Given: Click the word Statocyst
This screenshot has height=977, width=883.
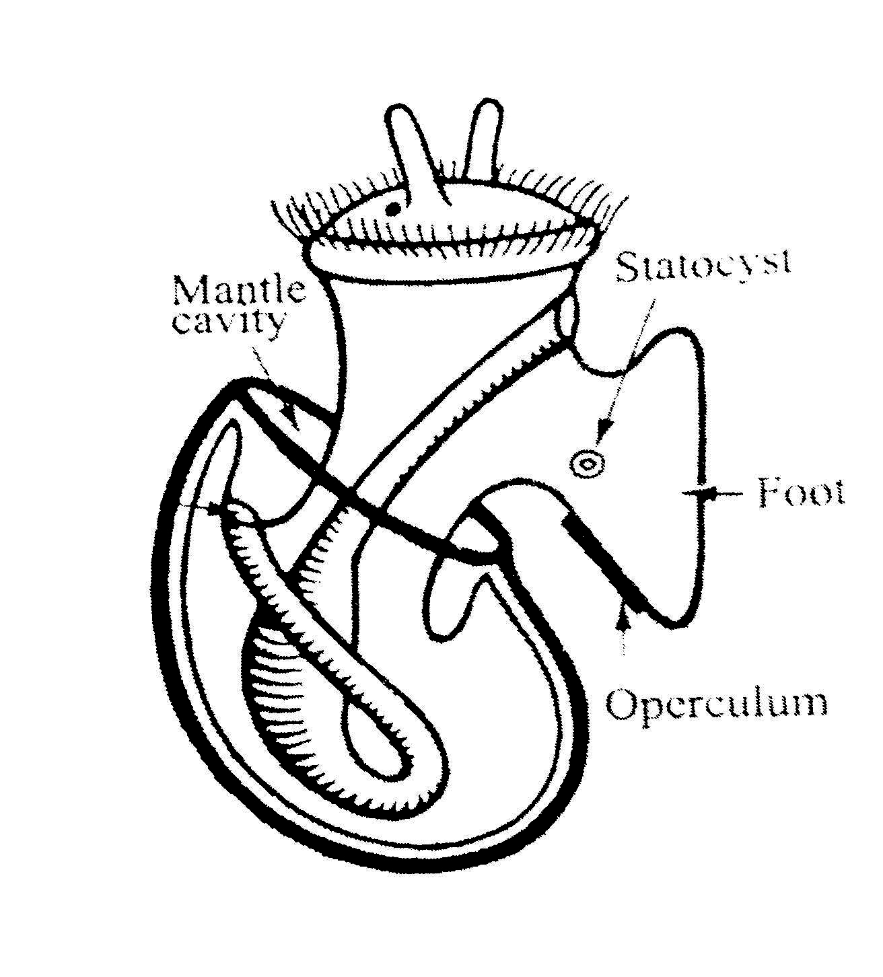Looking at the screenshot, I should [703, 265].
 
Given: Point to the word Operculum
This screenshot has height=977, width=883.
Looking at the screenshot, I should [716, 704].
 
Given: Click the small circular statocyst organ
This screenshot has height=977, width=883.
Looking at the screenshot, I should [587, 463].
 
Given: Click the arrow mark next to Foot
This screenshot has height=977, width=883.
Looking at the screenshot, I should [700, 493].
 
